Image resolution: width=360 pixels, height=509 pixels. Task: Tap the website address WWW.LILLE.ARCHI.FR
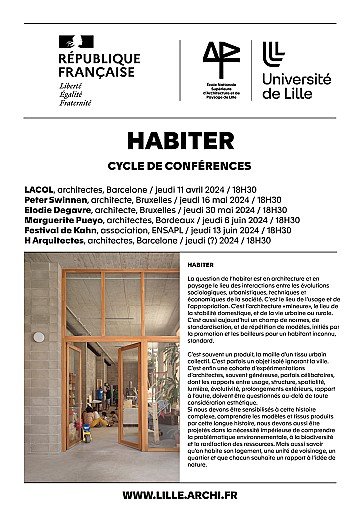tap(180, 494)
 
